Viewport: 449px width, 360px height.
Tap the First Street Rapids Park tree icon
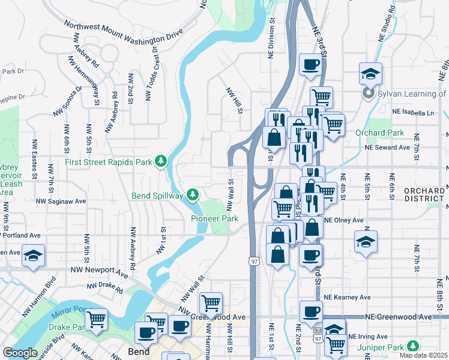point(161,161)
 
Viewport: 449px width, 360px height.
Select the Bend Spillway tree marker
point(192,194)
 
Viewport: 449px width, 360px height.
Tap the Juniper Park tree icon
point(412,346)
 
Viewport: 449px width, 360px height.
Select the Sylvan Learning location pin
point(367,94)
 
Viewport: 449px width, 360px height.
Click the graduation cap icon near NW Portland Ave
point(34,255)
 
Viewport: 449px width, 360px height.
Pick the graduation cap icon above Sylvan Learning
point(370,74)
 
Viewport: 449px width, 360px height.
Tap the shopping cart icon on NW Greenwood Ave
point(211,303)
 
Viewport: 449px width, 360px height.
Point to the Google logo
point(20,353)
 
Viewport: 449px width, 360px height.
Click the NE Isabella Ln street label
point(412,112)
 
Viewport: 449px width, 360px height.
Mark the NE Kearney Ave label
point(347,297)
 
